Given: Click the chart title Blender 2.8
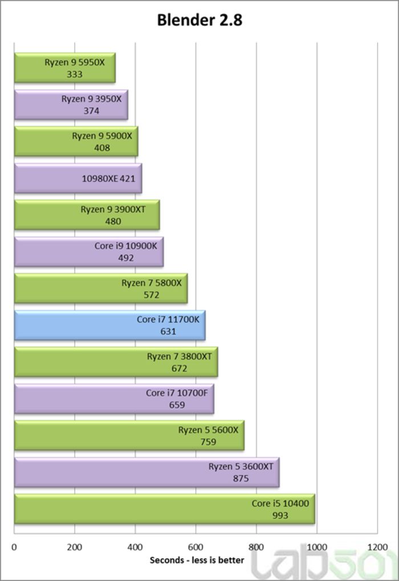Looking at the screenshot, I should click(x=199, y=20).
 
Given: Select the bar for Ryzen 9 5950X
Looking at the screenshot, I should click(x=64, y=68).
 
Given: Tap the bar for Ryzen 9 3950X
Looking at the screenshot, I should click(x=71, y=105).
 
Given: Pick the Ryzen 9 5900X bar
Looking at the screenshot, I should click(x=76, y=141).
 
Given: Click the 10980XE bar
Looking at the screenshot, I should click(x=78, y=178).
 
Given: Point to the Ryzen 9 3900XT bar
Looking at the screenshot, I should click(x=87, y=215).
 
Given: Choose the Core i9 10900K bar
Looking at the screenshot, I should click(x=88, y=252).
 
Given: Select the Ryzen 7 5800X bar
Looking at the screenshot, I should click(x=100, y=289).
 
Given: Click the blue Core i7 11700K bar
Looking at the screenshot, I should click(x=109, y=325).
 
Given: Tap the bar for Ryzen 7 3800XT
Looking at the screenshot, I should click(x=116, y=362).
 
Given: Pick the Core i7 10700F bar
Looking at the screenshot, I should click(x=114, y=399).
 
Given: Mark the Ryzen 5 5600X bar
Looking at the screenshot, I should click(x=129, y=436).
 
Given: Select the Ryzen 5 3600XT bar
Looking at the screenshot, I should click(x=146, y=472).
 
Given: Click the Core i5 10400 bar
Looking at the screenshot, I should click(x=164, y=509).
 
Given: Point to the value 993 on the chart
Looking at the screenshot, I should click(x=280, y=515).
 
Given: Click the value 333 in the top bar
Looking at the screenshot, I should click(x=75, y=74).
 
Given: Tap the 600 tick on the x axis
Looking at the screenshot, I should click(x=196, y=547).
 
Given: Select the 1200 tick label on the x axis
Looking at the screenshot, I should click(x=377, y=547).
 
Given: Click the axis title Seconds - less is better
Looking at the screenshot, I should click(x=197, y=560).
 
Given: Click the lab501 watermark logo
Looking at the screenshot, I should click(x=325, y=564).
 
